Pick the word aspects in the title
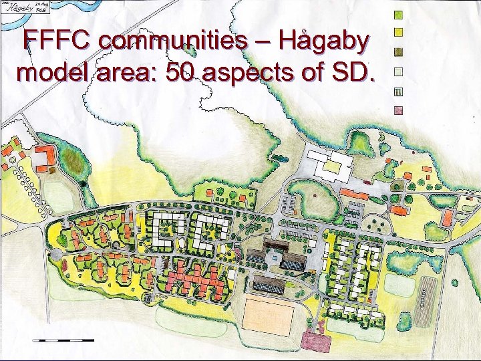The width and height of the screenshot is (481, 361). click(255, 74)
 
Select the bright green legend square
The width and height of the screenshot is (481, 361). click(398, 14)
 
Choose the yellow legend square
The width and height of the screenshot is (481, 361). click(398, 32)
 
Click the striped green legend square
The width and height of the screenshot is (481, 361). click(398, 92)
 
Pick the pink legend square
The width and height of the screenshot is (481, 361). click(398, 111)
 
